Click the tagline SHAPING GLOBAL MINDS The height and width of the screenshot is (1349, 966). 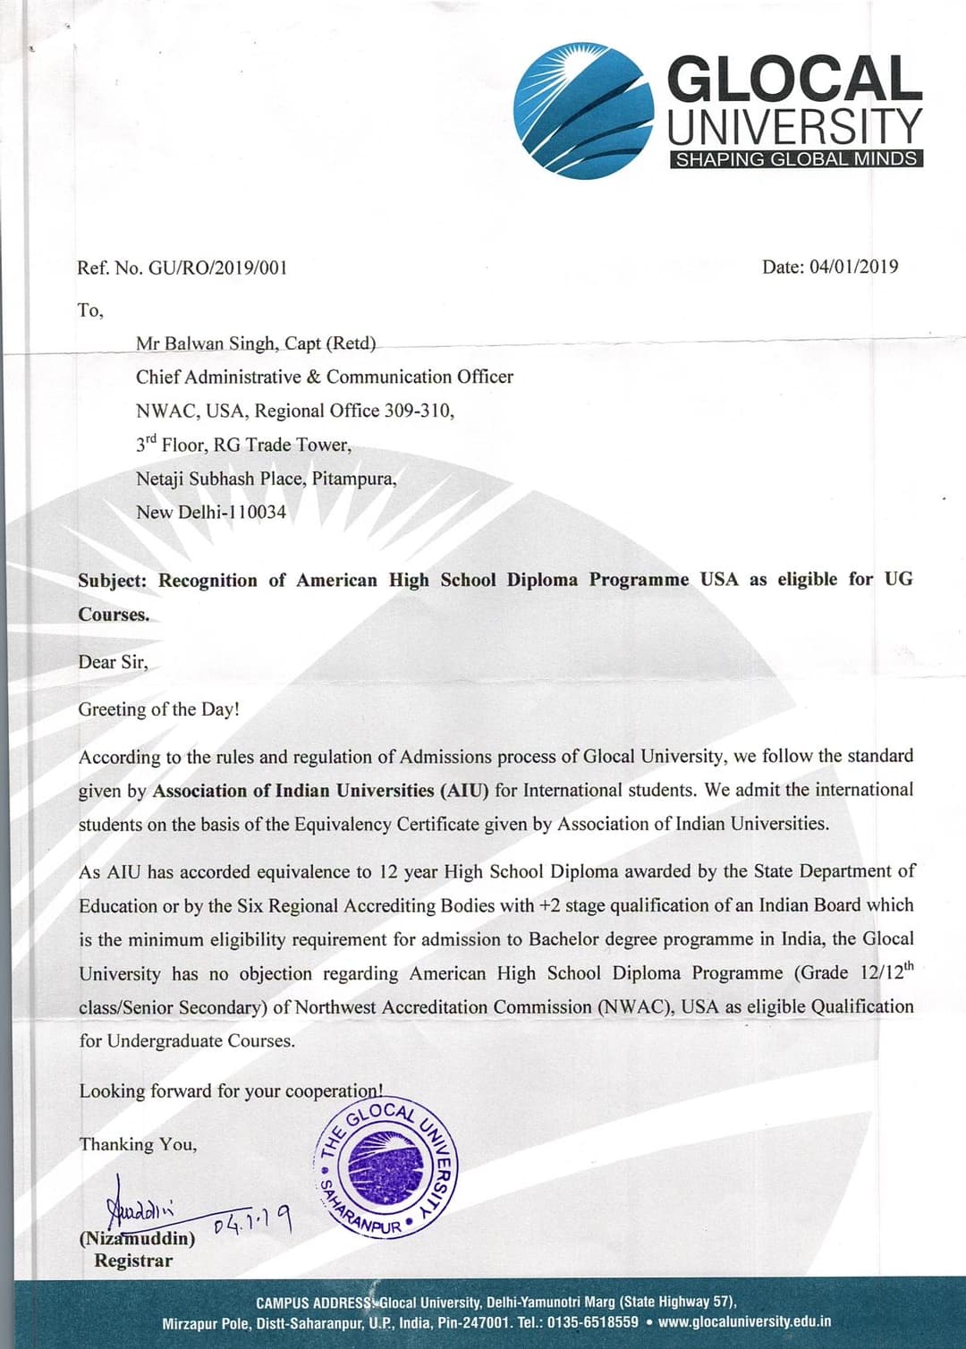796,159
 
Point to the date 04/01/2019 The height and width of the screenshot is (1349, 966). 853,267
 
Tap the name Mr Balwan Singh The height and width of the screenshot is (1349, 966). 206,344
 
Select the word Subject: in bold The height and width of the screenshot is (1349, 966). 113,581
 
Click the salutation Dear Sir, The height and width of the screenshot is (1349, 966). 113,662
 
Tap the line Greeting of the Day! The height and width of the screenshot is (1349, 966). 159,709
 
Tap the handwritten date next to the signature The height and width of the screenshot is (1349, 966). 253,1220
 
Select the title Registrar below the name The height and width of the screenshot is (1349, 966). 133,1260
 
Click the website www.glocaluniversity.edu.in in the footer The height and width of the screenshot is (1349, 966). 744,1321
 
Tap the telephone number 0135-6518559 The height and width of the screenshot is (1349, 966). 593,1321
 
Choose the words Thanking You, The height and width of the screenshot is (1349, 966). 138,1144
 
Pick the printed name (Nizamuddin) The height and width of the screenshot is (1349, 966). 137,1239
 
